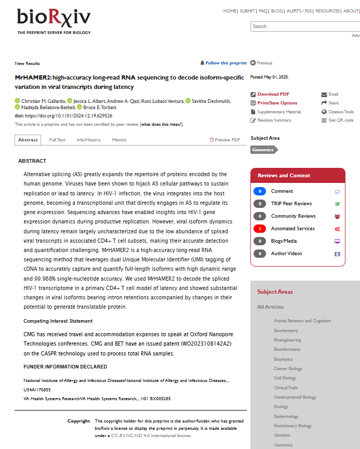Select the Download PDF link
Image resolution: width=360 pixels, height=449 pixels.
[x=273, y=94]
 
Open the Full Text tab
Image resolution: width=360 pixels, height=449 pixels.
[x=57, y=140]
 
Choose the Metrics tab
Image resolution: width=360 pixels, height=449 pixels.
[x=119, y=140]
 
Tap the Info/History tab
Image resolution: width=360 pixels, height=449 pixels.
[x=88, y=140]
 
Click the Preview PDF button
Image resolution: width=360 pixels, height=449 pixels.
[x=225, y=140]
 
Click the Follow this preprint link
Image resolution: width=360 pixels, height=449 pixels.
[x=226, y=63]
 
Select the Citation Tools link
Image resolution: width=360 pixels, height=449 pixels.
[x=341, y=112]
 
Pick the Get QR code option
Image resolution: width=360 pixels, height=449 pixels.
[x=341, y=120]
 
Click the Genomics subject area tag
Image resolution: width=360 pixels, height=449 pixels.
[x=263, y=150]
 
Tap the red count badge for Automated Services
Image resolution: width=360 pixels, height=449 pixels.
[x=260, y=229]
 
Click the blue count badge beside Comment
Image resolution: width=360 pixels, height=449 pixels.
[x=260, y=191]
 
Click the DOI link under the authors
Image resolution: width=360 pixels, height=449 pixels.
[x=69, y=116]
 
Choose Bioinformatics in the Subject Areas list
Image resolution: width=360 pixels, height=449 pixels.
[x=287, y=349]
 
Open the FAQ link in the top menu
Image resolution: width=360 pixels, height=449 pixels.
[x=263, y=11]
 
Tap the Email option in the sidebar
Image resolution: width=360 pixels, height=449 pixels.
[x=333, y=94]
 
